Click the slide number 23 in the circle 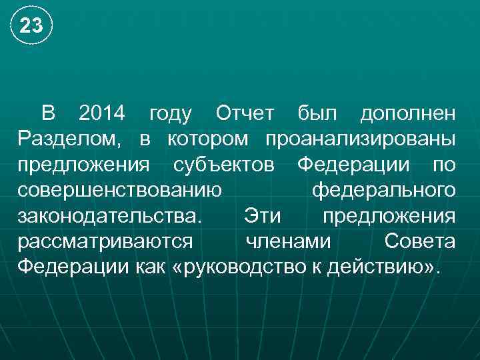click(31, 26)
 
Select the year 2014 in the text click(101, 114)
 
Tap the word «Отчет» click(239, 114)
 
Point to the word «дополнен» click(408, 114)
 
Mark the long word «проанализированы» click(361, 139)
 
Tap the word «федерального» click(384, 191)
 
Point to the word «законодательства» click(108, 216)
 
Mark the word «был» click(319, 114)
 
